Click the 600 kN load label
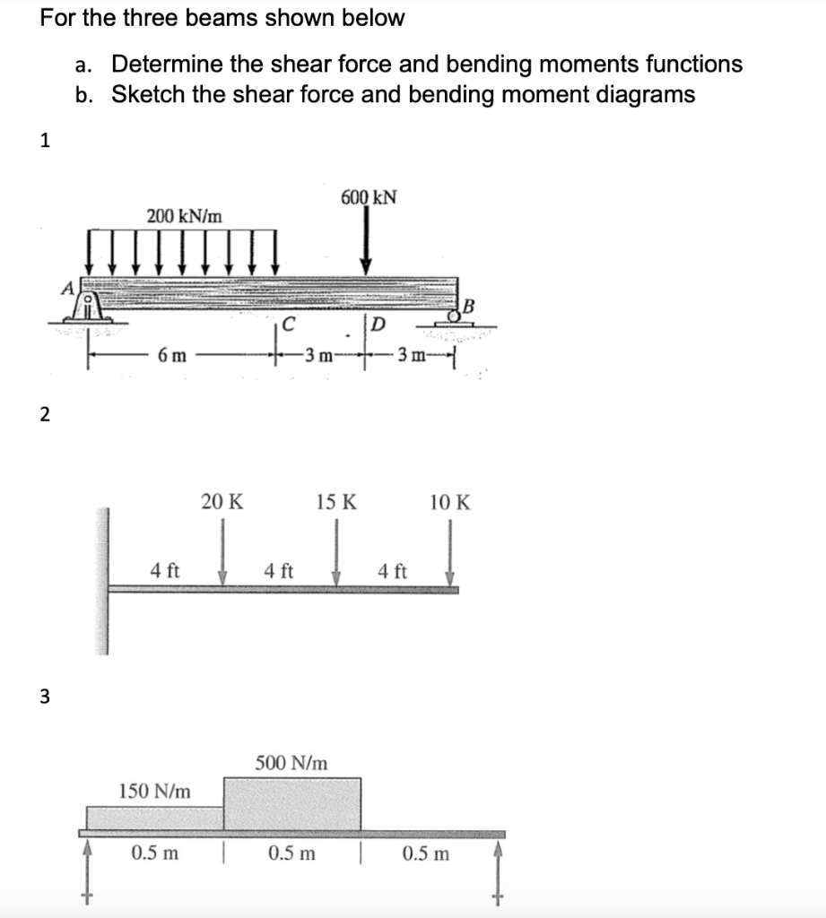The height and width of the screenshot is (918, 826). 370,196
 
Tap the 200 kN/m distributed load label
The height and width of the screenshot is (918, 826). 186,215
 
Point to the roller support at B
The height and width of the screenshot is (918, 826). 462,313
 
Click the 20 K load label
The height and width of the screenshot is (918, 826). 222,501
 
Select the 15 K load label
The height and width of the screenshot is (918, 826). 336,501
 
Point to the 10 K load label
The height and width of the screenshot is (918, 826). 449,501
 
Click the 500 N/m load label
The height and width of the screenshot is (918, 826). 291,763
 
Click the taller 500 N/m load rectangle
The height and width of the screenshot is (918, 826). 292,803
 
